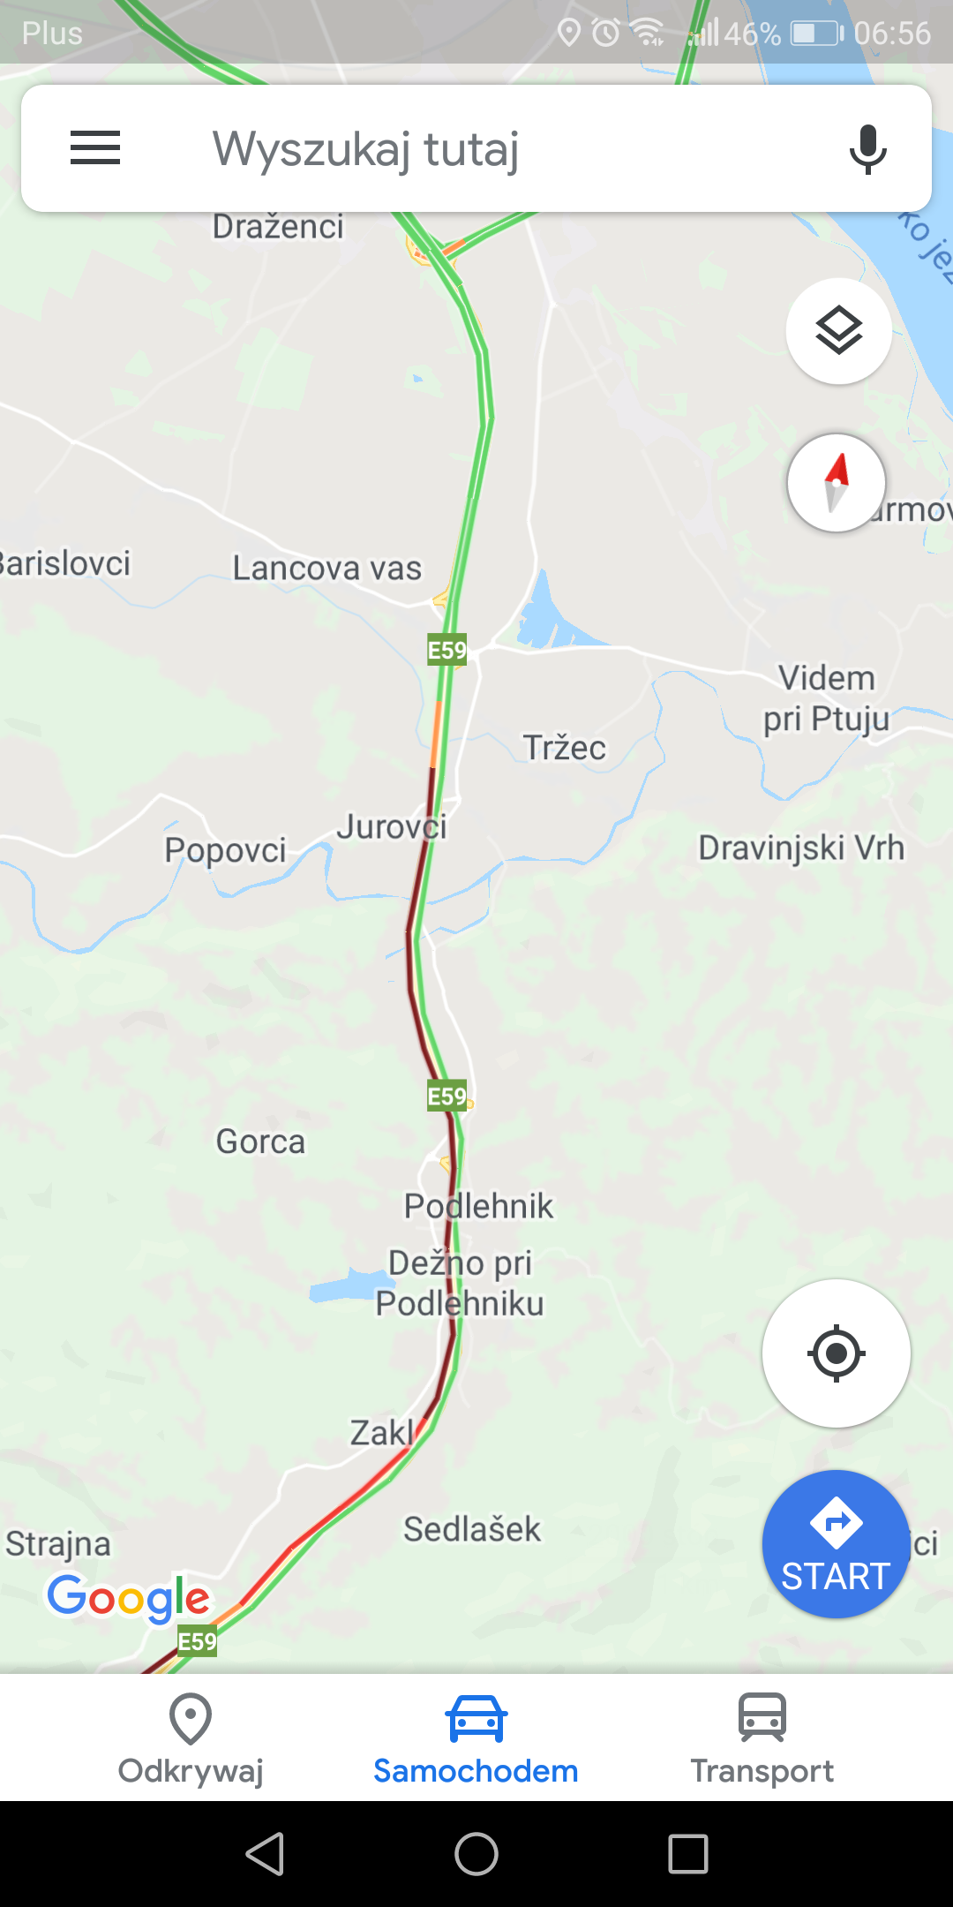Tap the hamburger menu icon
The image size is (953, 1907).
[x=95, y=147]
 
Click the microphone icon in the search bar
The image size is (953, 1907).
[x=867, y=148]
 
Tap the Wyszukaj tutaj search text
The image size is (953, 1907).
[x=365, y=148]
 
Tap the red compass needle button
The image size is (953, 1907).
[x=837, y=483]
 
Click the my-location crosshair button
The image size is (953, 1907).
[x=836, y=1353]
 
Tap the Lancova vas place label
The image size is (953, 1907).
[x=326, y=569]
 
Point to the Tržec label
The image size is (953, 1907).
[x=565, y=748]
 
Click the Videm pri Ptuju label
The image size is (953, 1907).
[x=826, y=698]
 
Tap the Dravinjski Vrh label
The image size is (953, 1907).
[x=801, y=848]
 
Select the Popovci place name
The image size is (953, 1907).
[x=225, y=850]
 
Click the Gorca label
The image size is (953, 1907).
[x=260, y=1142]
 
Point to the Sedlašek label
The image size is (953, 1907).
[x=472, y=1529]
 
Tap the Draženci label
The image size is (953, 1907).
[x=278, y=227]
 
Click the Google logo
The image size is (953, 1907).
[x=129, y=1598]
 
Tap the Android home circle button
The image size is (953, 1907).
[x=476, y=1853]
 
